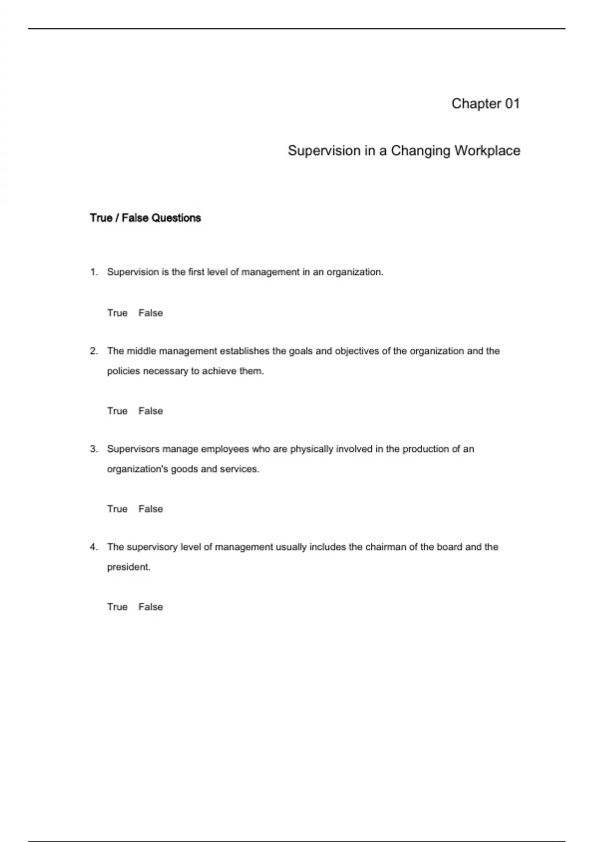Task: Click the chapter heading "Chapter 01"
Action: point(486,104)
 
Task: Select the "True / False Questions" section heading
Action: point(145,218)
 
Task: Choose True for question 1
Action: point(117,313)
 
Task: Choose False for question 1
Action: point(150,313)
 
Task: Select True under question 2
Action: point(117,411)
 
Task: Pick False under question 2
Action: point(150,411)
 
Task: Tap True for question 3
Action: point(117,509)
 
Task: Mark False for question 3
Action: point(150,509)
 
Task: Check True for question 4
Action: point(117,607)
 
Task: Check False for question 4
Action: point(150,607)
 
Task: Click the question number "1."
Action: point(94,272)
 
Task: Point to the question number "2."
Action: point(94,351)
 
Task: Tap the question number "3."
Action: point(94,449)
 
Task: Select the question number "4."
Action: point(94,547)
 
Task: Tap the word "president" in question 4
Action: point(128,567)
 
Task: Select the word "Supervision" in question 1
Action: point(133,272)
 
